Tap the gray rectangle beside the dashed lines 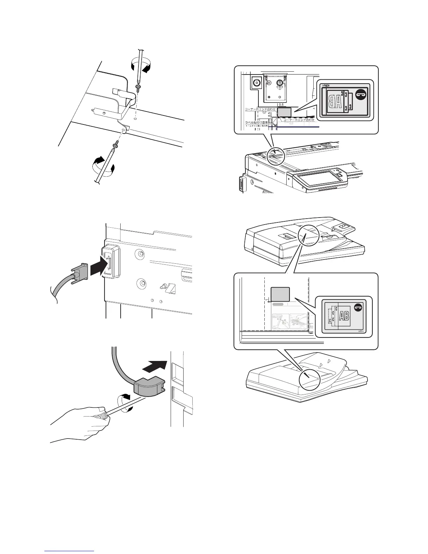280,294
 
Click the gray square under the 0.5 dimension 284,112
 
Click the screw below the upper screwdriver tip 138,88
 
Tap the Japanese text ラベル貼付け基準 256,122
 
